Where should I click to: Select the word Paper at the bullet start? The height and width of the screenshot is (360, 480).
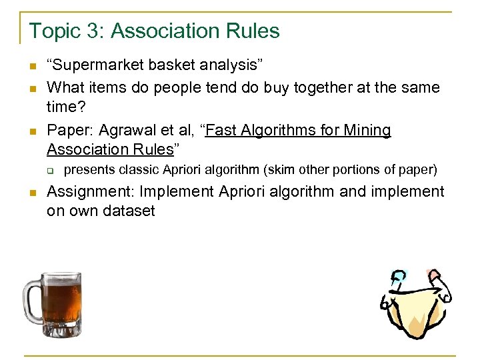(69, 130)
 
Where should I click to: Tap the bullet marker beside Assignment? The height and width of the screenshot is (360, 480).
(31, 193)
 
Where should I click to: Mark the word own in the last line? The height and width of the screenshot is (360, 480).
(81, 211)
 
